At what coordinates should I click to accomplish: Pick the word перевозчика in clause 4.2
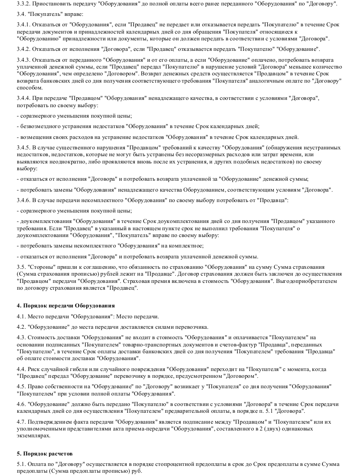point(192,327)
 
